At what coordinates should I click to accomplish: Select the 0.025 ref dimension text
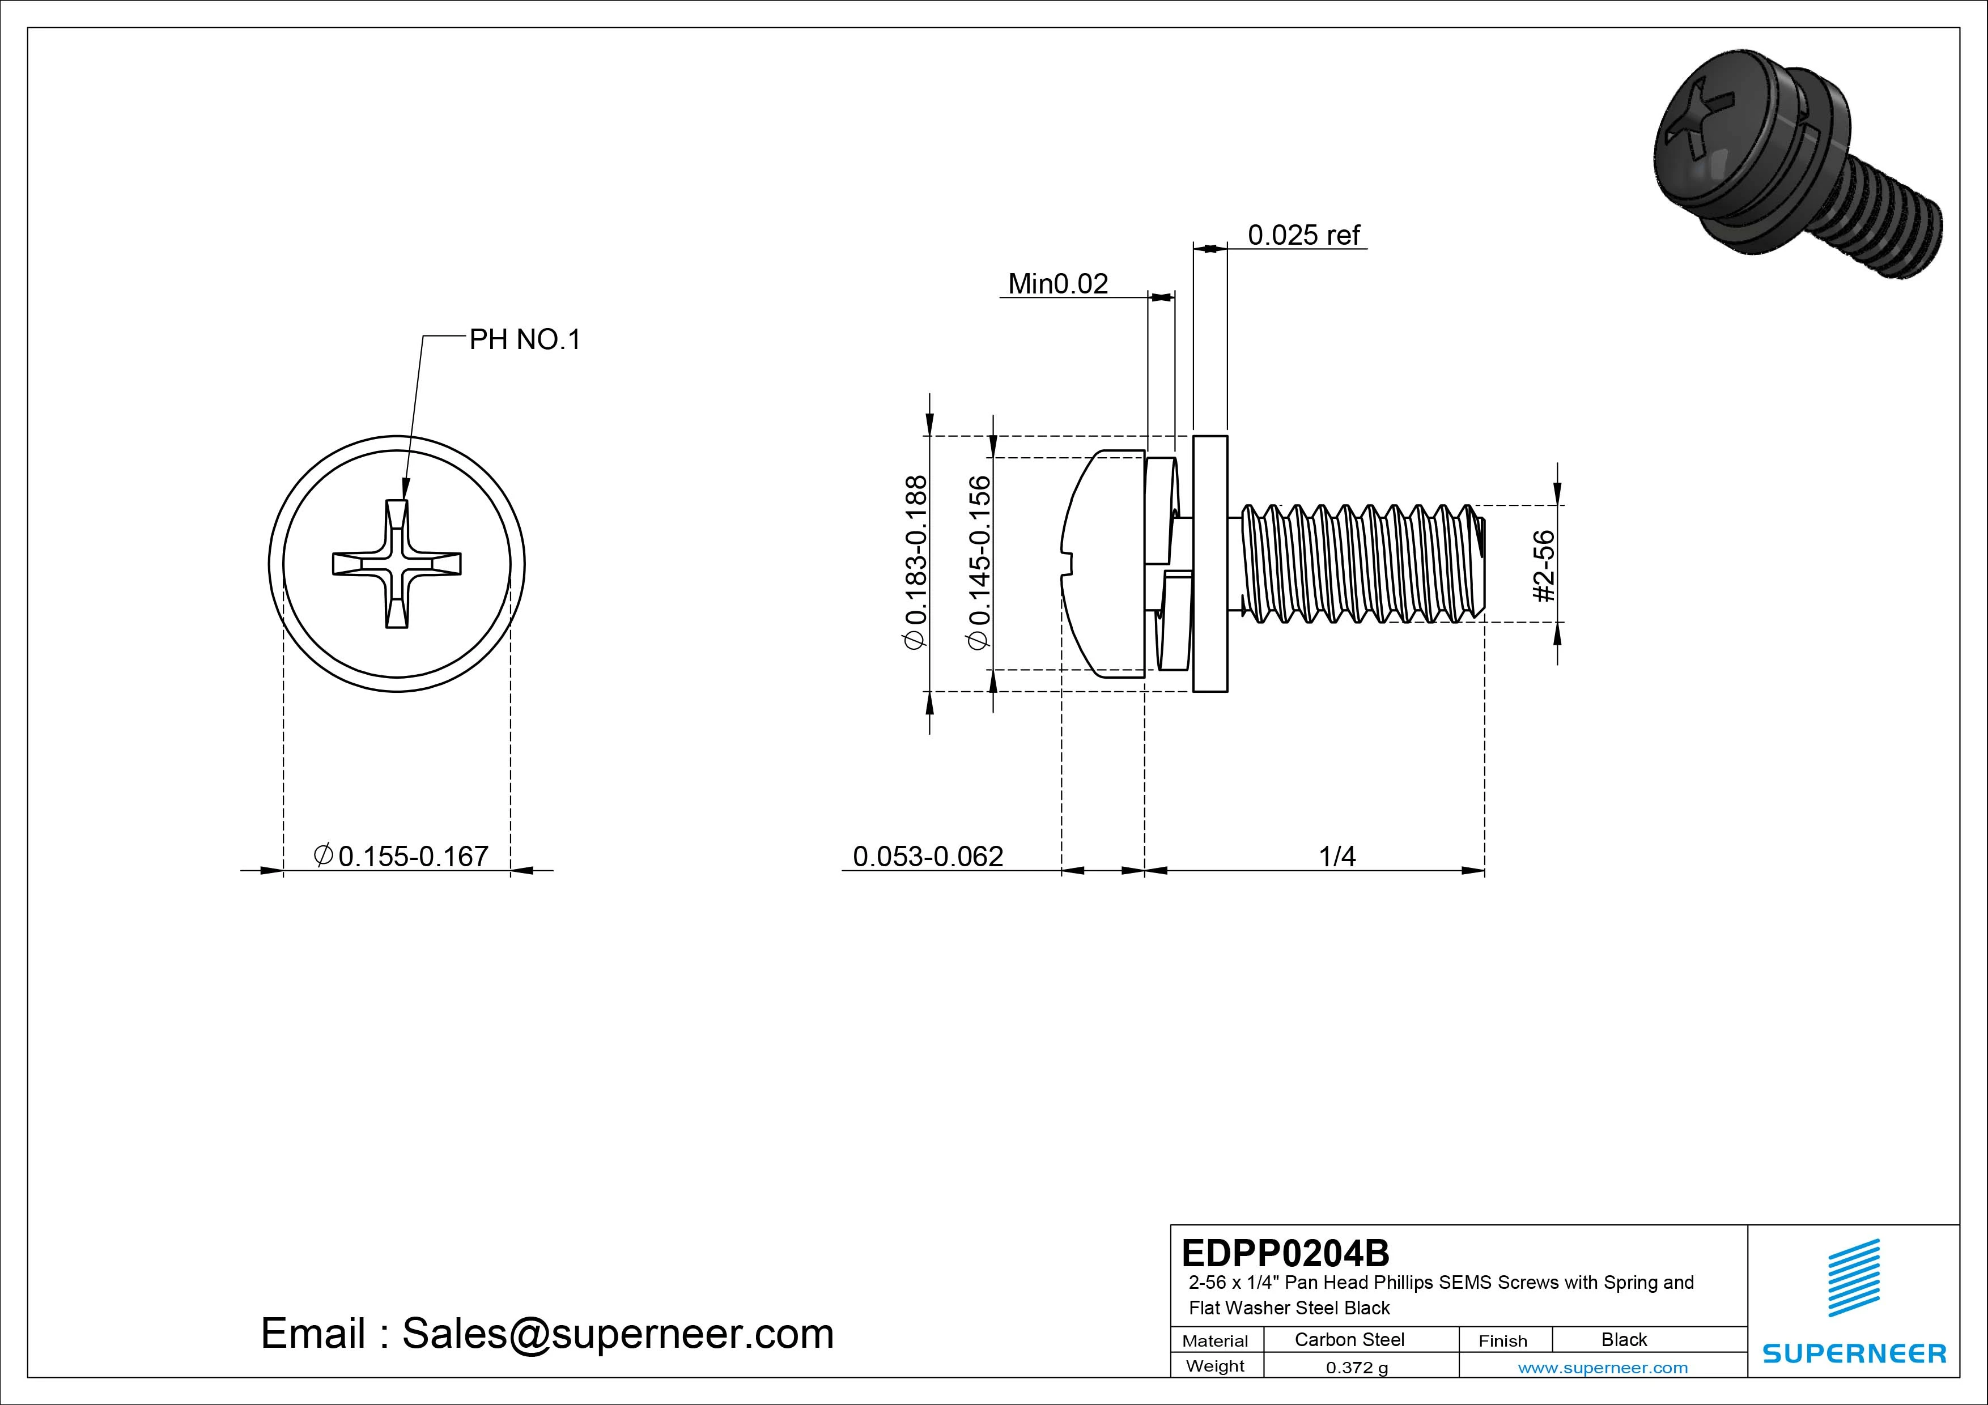[x=1302, y=235]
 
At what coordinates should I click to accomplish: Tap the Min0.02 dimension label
[x=1057, y=284]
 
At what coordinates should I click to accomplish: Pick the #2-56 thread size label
[x=1543, y=565]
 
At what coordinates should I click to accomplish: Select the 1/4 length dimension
[x=1336, y=856]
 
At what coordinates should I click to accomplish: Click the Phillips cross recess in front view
[x=397, y=564]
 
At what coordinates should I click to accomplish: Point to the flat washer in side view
[x=1209, y=564]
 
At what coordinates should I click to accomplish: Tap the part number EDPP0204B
[x=1285, y=1253]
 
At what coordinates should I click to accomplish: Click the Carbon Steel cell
[x=1349, y=1339]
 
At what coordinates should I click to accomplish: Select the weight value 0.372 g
[x=1357, y=1368]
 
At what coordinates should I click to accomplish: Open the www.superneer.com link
[x=1603, y=1368]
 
